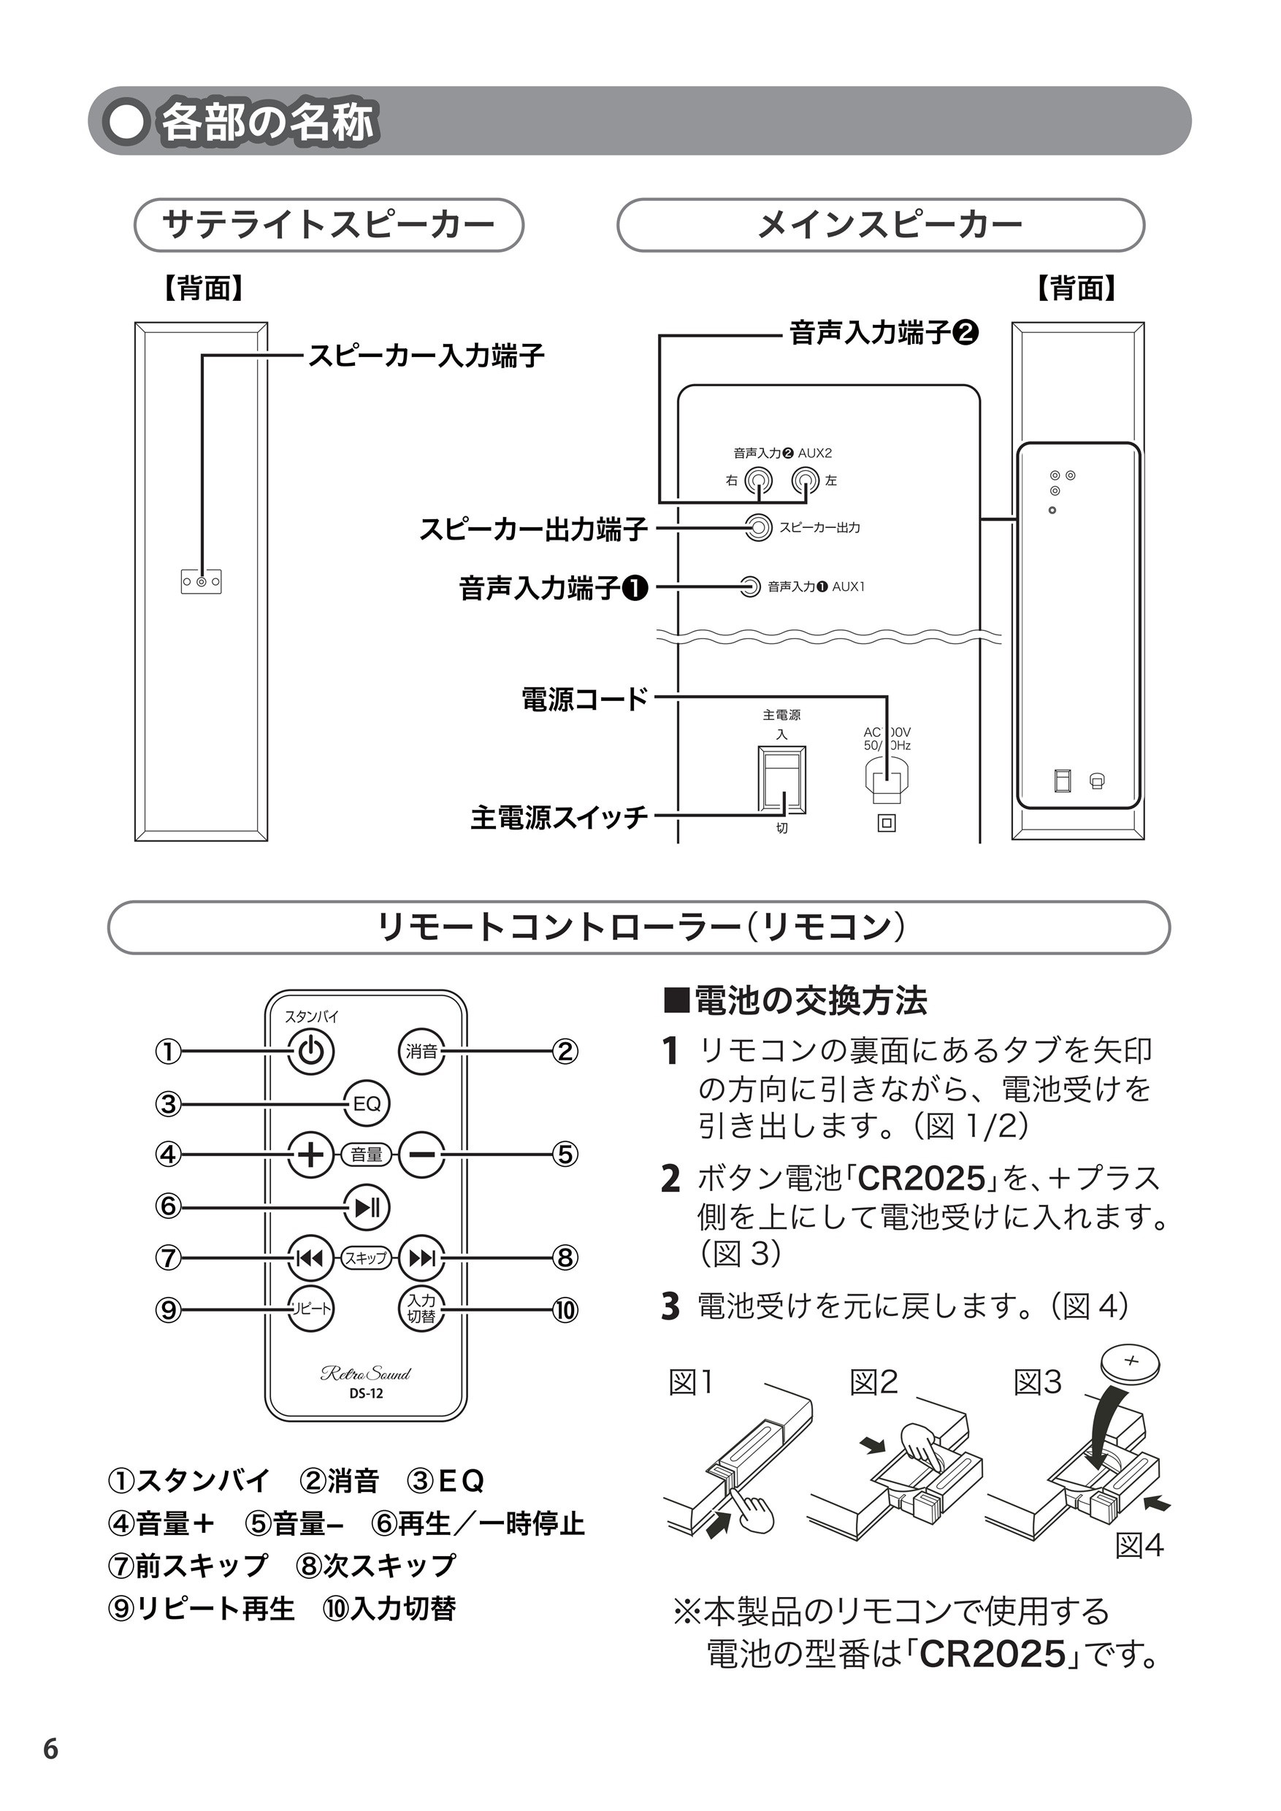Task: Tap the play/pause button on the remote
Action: pos(367,1208)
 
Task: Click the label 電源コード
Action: pos(584,699)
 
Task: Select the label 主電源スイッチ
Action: pos(559,817)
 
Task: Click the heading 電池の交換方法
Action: pos(797,1001)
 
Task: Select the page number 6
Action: pos(50,1749)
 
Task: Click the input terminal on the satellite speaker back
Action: pos(201,582)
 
